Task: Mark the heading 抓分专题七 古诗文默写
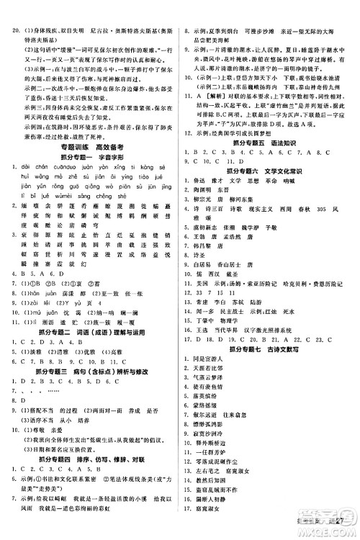pos(270,357)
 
